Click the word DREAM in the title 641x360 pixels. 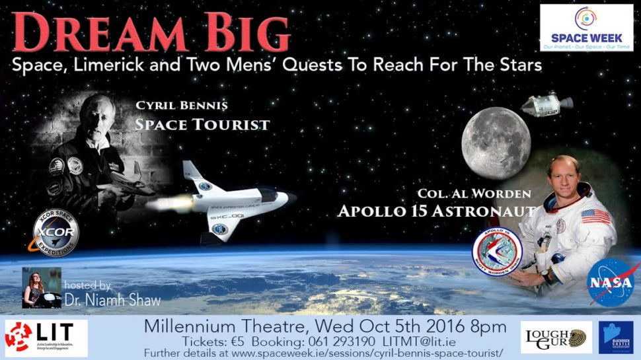point(87,33)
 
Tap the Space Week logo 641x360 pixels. point(585,27)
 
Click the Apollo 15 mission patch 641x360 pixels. point(497,252)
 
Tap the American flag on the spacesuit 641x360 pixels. point(595,216)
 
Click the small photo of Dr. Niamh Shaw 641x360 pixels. point(41,287)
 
